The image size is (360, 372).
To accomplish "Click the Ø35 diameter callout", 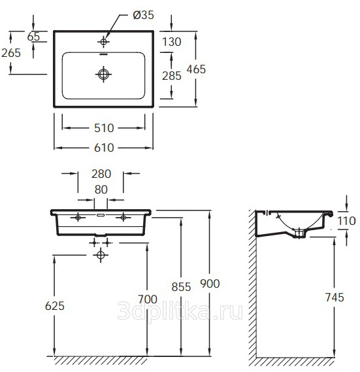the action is pos(144,15).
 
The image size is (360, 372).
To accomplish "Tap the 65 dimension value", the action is pos(34,37).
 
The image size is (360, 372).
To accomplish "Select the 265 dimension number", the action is pos(11,53).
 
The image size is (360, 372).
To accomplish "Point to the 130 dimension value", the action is pos(172,42).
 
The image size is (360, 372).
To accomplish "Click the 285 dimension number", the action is pos(172,76).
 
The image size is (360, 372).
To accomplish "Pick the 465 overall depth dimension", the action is pos(196,69).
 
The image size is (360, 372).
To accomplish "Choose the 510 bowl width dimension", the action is pos(104,128).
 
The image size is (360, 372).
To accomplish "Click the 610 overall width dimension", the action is pos(104,148).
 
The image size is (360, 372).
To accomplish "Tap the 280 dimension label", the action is pos(101,174).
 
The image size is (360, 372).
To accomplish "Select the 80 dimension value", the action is pos(101,190).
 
